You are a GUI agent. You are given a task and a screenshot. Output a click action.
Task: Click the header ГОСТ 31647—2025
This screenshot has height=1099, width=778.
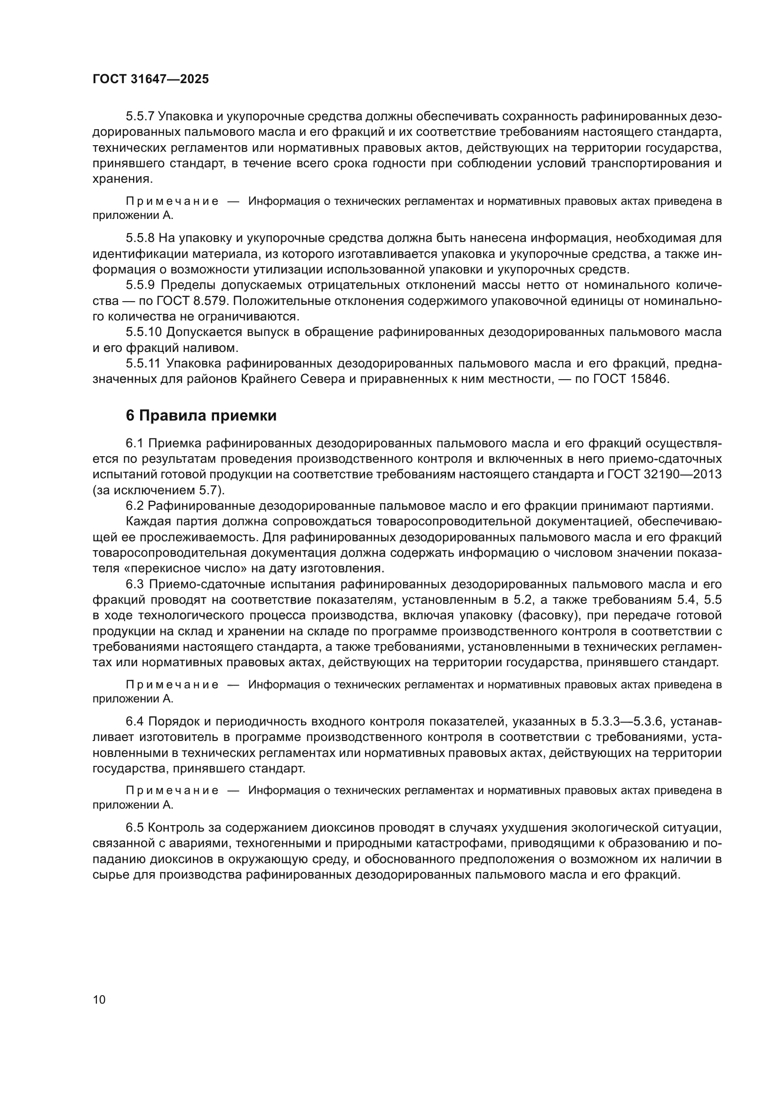151,79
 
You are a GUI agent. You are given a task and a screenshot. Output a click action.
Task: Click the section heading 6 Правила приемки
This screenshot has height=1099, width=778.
201,415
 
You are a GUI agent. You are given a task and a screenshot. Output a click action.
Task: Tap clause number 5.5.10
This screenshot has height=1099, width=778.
144,332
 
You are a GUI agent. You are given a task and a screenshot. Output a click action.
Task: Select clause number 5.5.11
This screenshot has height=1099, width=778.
143,364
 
